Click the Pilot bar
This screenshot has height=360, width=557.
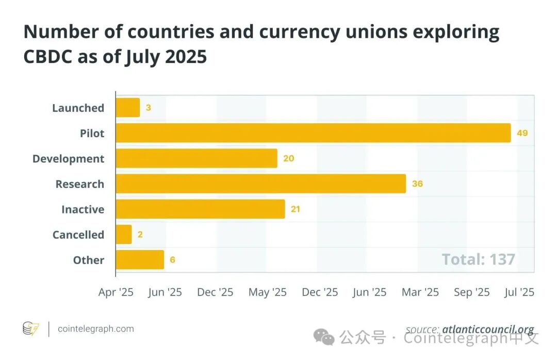coord(313,133)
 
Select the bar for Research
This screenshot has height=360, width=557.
coord(260,184)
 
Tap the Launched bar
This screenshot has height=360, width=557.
coord(127,108)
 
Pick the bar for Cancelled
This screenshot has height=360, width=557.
coord(124,235)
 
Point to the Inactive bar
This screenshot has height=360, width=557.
coord(200,209)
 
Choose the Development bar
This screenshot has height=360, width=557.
coord(196,158)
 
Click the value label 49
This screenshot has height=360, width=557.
coord(522,133)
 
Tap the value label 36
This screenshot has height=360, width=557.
coord(417,184)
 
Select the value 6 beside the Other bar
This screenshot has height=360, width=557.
coord(172,260)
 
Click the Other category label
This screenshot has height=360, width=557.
coord(89,260)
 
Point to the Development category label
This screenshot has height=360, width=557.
coord(68,158)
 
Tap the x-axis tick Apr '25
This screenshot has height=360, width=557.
coord(116,292)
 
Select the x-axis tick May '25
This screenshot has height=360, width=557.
coord(267,292)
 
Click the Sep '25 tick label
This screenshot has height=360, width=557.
coord(471,292)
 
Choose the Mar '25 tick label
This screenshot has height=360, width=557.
coord(420,292)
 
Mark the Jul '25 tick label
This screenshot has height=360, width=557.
coord(519,292)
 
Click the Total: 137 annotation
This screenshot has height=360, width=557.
coord(478,259)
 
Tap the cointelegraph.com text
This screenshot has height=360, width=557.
coord(95,329)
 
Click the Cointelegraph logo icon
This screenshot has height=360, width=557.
coord(31,329)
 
